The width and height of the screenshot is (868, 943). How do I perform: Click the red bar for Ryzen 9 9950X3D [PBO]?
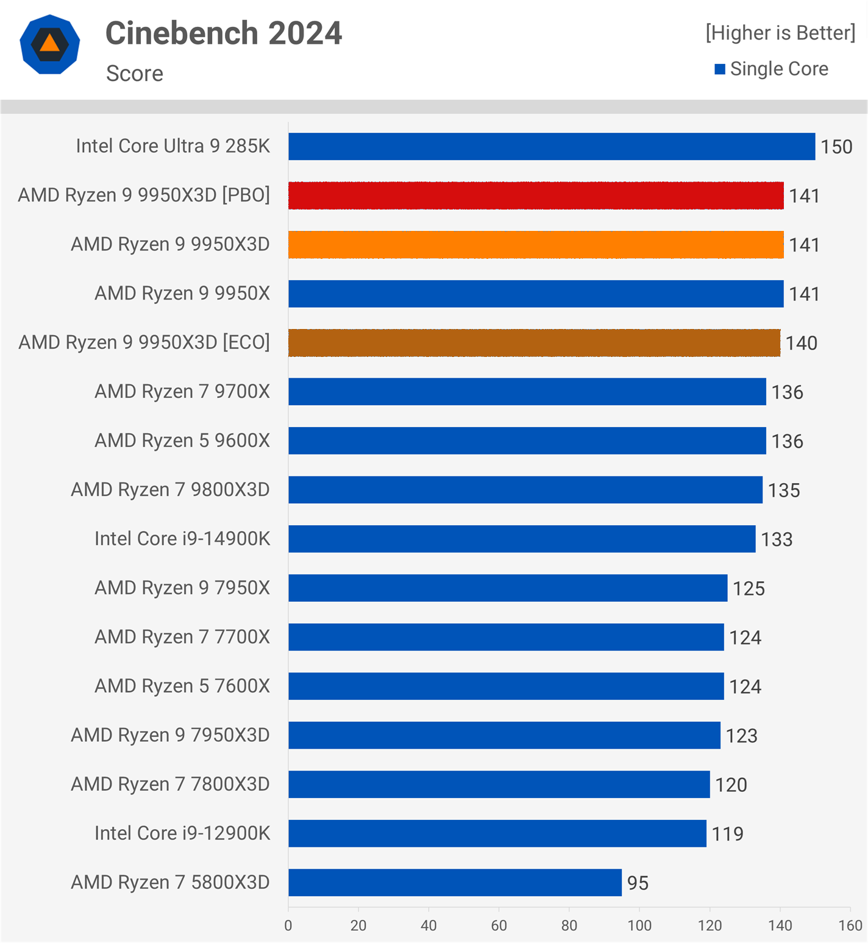536,196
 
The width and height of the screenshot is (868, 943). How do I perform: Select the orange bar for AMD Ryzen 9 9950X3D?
536,244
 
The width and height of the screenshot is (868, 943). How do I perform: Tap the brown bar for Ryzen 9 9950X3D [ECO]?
534,343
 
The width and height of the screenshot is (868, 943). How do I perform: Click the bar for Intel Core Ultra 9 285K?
552,146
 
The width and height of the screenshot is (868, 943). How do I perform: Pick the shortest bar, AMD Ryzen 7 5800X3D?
455,883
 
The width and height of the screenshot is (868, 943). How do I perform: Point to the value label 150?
836,147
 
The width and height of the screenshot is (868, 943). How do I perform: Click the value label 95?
638,883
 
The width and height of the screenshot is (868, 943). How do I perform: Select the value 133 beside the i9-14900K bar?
777,540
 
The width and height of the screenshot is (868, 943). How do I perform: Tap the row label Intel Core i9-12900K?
182,833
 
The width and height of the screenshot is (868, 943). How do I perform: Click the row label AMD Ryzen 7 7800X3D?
170,784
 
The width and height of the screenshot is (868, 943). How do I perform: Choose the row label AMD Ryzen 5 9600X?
182,440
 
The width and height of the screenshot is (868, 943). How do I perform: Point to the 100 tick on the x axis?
639,926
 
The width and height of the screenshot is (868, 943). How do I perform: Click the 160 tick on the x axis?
850,926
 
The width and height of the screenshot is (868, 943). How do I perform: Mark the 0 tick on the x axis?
288,926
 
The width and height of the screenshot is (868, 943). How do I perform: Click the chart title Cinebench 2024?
224,34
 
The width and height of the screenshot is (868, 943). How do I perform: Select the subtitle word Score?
135,74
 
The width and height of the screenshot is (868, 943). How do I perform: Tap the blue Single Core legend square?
720,69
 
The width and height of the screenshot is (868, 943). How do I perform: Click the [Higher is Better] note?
780,33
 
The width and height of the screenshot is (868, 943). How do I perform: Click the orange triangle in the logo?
50,43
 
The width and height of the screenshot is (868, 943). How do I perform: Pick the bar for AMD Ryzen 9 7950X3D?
504,735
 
